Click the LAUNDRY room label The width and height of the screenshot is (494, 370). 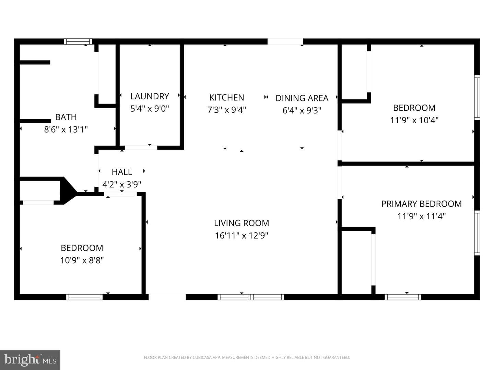point(150,96)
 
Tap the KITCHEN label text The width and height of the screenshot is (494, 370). point(227,98)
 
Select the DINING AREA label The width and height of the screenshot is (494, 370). point(302,98)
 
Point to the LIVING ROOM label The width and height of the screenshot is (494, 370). point(242,223)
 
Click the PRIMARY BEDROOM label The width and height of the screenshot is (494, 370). point(421,204)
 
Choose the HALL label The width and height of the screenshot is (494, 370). point(122,172)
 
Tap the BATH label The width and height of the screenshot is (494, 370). point(66,117)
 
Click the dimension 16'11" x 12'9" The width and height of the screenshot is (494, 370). point(242,236)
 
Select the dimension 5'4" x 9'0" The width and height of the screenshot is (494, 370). point(150,109)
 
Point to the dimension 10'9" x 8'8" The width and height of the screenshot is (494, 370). point(82,261)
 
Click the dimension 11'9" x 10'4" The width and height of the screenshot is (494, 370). point(414,120)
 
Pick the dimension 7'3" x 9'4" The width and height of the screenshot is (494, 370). point(227,110)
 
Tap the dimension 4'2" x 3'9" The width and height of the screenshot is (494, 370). point(122,185)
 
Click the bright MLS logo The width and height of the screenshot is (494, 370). point(30,360)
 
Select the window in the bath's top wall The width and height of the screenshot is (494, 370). point(78,41)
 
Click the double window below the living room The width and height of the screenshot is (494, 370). point(251,297)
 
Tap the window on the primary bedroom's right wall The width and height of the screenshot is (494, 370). point(477,233)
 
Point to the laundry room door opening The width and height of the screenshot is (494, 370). point(141,148)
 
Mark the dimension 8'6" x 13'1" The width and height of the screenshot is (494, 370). point(66,129)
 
